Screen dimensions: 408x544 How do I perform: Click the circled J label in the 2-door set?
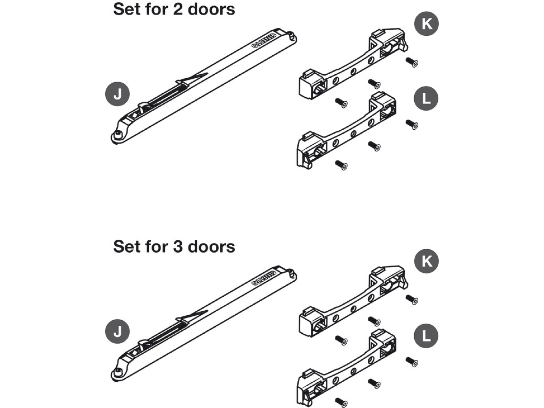point(117,94)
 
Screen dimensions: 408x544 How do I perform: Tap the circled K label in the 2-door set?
point(426,24)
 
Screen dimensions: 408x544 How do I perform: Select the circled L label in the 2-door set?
point(426,99)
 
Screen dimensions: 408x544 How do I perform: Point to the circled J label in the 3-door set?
point(117,331)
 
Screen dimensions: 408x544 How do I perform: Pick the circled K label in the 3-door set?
point(426,261)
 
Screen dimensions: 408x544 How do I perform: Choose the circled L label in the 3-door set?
point(426,336)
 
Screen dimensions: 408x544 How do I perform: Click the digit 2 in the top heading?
point(178,9)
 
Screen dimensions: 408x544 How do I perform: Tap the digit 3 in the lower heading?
point(178,247)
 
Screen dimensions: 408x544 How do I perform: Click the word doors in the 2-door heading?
point(211,9)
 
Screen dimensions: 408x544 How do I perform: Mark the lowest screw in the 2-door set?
point(342,165)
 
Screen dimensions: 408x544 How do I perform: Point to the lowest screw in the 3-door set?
point(342,402)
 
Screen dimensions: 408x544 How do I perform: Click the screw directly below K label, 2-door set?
point(412,62)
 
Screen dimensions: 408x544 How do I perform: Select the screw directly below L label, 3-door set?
point(412,361)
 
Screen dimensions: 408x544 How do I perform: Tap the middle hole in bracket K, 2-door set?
point(353,72)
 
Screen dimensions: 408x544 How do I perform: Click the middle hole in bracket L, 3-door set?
point(353,371)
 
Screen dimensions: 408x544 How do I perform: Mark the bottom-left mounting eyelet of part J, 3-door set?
point(117,372)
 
